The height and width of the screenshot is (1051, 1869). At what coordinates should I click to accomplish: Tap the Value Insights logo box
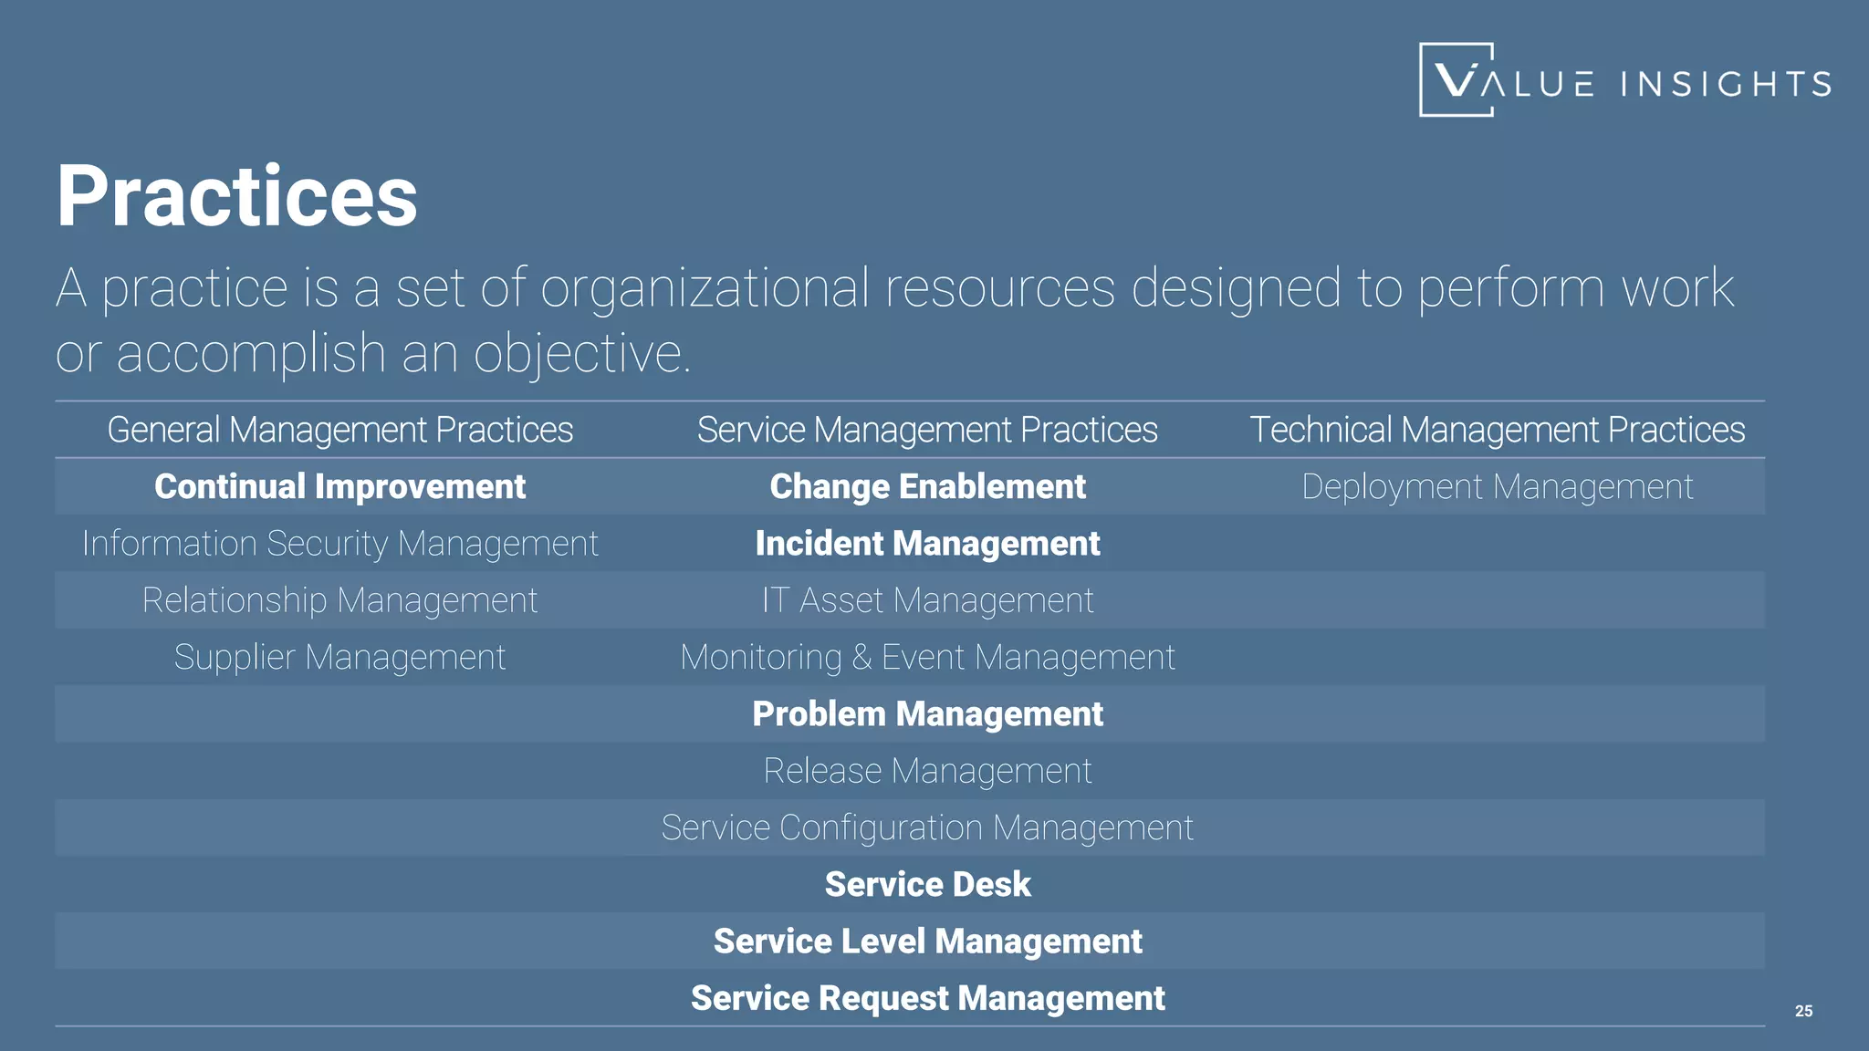pyautogui.click(x=1457, y=79)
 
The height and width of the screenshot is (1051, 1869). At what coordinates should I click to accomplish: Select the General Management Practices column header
pyautogui.click(x=339, y=430)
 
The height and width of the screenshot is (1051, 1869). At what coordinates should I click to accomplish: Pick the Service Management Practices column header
pyautogui.click(x=927, y=430)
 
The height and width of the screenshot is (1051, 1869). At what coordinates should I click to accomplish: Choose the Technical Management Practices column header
pyautogui.click(x=1497, y=430)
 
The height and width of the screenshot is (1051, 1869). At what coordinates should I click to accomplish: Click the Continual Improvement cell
pyautogui.click(x=339, y=486)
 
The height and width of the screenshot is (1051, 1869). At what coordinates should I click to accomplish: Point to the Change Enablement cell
pyautogui.click(x=927, y=486)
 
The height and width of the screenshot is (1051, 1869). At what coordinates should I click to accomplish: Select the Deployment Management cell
pyautogui.click(x=1497, y=486)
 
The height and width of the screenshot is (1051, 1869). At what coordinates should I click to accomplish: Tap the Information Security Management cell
pyautogui.click(x=339, y=544)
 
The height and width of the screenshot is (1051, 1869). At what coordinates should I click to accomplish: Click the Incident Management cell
pyautogui.click(x=927, y=544)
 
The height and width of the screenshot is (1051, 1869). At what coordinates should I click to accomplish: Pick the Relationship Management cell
pyautogui.click(x=339, y=600)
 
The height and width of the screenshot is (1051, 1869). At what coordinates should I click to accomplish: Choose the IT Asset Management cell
pyautogui.click(x=927, y=600)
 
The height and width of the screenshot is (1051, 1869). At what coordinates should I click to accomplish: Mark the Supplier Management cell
pyautogui.click(x=339, y=657)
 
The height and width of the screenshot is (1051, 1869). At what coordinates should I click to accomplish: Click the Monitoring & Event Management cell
pyautogui.click(x=927, y=657)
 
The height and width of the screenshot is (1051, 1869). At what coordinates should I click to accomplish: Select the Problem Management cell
pyautogui.click(x=927, y=713)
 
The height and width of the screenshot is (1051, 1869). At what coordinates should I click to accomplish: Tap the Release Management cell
pyautogui.click(x=927, y=771)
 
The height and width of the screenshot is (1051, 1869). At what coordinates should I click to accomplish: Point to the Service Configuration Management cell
pyautogui.click(x=927, y=827)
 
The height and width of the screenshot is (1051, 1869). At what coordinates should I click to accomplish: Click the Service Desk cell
pyautogui.click(x=927, y=884)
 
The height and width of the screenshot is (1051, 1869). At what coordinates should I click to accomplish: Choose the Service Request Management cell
pyautogui.click(x=927, y=998)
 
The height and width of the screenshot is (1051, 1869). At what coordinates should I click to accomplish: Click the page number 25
pyautogui.click(x=1803, y=1011)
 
